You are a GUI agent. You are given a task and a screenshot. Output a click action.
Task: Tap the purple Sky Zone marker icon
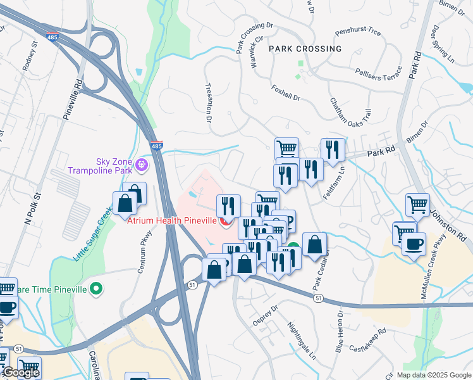click(x=142, y=166)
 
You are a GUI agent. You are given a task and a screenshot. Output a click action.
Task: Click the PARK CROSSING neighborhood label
click(x=305, y=49)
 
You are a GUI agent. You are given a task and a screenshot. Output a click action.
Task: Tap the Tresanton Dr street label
click(x=207, y=101)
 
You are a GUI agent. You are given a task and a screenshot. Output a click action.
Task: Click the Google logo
click(x=20, y=373)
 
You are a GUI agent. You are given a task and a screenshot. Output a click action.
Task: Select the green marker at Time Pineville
click(x=95, y=289)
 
